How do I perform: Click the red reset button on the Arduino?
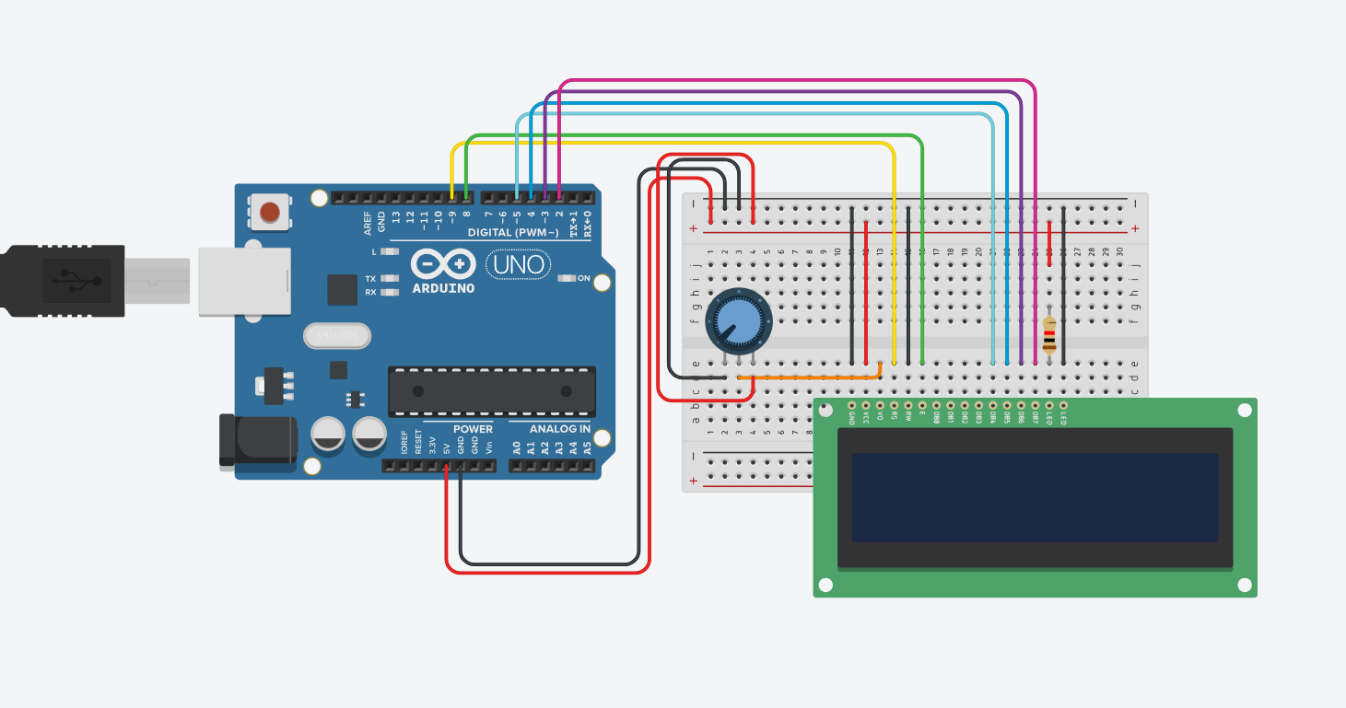tap(269, 213)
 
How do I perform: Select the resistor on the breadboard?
tap(1049, 336)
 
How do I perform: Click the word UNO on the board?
tap(519, 265)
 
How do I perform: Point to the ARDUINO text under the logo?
tap(443, 288)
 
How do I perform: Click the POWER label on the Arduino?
tap(473, 429)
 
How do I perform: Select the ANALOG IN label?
tap(560, 429)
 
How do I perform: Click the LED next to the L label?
tap(391, 251)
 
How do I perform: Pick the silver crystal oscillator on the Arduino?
tap(336, 336)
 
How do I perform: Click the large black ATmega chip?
tap(491, 391)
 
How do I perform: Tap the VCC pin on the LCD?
tap(866, 405)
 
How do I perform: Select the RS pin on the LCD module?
tap(894, 405)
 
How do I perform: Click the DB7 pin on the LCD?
tap(1035, 405)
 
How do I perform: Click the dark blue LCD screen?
tap(1035, 497)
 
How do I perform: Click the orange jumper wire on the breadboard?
tap(811, 377)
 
